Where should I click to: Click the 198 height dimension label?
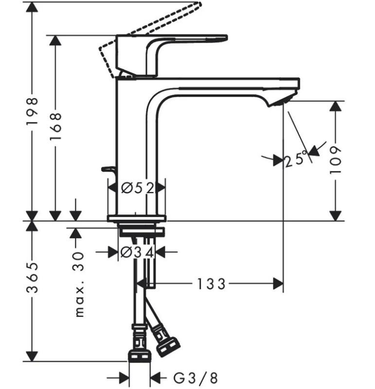coord(32,111)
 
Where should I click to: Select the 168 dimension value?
coord(55,126)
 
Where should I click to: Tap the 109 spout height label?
coord(336,160)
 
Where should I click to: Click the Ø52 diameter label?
coord(138,188)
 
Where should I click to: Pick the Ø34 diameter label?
coord(137,252)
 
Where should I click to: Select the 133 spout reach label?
coord(211,284)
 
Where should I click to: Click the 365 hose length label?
coord(32,277)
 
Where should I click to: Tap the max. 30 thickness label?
coord(79,284)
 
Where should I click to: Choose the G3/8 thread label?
coord(196,378)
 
